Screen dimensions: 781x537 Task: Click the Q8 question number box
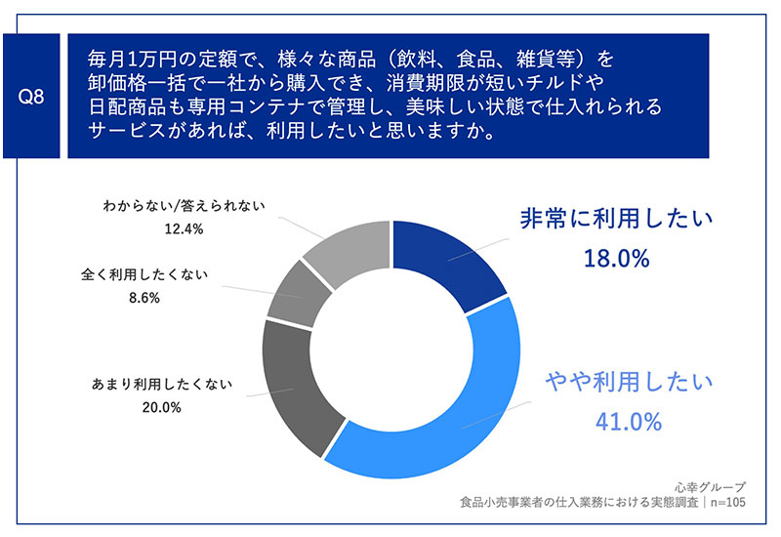(x=31, y=96)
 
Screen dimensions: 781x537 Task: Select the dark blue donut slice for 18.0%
(x=448, y=262)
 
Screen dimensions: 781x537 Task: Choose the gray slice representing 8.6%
(x=298, y=295)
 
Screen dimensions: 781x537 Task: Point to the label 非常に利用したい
(x=617, y=219)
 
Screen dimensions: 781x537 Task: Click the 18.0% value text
(x=617, y=259)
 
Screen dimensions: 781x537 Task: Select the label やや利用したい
(x=630, y=382)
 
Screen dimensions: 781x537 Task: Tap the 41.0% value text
(x=629, y=422)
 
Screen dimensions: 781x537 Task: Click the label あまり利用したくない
(x=162, y=384)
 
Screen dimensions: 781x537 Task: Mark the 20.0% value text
(x=162, y=407)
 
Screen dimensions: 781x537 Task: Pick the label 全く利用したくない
(x=144, y=274)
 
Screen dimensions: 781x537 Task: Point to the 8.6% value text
(x=144, y=298)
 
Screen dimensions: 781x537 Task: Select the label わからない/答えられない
(x=184, y=206)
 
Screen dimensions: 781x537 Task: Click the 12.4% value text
(x=184, y=229)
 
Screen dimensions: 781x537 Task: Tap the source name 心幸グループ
(x=711, y=486)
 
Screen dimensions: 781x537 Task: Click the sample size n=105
(x=728, y=502)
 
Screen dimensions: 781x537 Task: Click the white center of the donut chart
(x=391, y=350)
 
